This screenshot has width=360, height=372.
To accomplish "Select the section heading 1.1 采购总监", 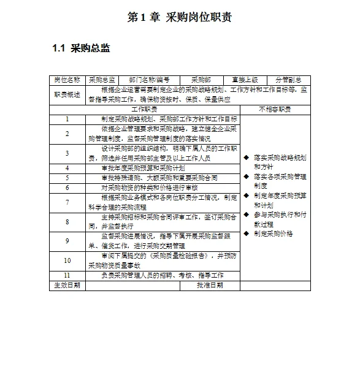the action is (x=81, y=48).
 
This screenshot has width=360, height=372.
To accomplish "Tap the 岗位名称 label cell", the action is (x=67, y=80).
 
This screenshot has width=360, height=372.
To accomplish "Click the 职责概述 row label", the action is (x=67, y=94).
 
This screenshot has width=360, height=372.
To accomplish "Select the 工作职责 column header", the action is (x=144, y=108).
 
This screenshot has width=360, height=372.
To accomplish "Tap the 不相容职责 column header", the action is (x=275, y=108).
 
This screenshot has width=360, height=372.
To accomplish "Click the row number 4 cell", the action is (x=67, y=167).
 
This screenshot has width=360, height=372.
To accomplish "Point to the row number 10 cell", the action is (x=67, y=260).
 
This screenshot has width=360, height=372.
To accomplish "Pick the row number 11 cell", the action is (x=67, y=275).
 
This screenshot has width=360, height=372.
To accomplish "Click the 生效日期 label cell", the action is (x=67, y=285).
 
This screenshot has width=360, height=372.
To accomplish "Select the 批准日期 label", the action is (x=210, y=285).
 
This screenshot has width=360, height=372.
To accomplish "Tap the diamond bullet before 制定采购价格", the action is (x=246, y=233).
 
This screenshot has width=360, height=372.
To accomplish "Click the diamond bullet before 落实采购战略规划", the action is (x=246, y=158).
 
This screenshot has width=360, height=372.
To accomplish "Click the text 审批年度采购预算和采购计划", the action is (x=143, y=167).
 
